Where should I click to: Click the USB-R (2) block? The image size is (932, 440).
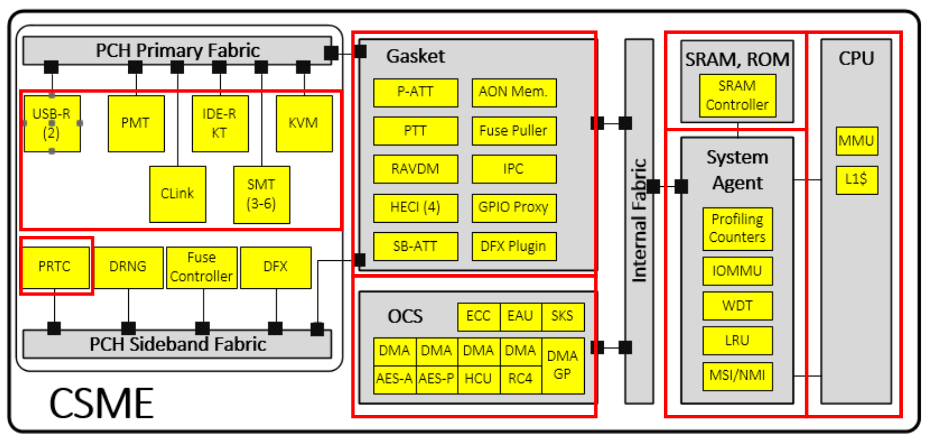tap(52, 123)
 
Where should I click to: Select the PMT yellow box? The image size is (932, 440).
tap(137, 123)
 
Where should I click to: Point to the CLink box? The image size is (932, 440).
tap(178, 192)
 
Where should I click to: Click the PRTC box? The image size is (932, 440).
tap(55, 267)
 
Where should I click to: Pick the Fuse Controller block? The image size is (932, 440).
tap(202, 267)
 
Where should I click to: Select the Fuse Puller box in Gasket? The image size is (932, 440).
tap(514, 130)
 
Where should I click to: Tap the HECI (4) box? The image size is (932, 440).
tap(415, 207)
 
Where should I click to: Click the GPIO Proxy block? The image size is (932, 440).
tap(514, 207)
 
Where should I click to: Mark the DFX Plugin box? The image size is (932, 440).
tap(514, 245)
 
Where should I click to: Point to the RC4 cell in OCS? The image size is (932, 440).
tap(521, 379)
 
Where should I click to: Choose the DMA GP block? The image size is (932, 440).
tap(563, 364)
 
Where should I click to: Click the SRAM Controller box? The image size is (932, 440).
tap(737, 96)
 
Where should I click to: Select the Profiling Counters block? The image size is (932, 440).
tap(737, 228)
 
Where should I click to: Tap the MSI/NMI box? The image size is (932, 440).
tap(737, 376)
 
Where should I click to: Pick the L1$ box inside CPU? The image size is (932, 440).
tap(856, 180)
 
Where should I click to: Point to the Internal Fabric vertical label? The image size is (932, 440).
tap(640, 220)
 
